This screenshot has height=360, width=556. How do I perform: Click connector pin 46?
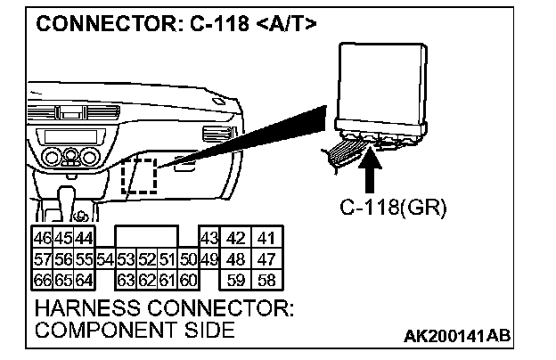(41, 239)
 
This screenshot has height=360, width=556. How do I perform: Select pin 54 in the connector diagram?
(104, 259)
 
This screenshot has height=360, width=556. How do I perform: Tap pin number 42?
(237, 239)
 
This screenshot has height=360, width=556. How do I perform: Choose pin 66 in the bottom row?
(41, 279)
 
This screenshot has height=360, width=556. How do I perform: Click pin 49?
(208, 259)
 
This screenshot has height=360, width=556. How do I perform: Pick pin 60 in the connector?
(186, 279)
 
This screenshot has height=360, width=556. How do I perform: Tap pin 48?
(237, 259)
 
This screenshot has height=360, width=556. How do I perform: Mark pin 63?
(125, 279)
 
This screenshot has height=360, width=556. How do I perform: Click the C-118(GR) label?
(393, 209)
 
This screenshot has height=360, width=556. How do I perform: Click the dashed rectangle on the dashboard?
(138, 176)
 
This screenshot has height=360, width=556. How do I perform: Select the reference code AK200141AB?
(458, 336)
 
